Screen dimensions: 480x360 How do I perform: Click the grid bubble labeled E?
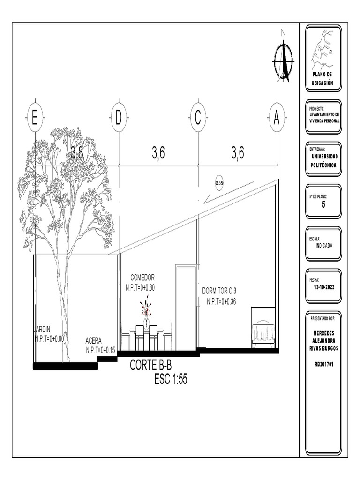coord(35,117)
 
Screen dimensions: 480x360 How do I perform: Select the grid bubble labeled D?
coord(119,117)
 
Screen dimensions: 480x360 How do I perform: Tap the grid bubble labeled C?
coord(198,117)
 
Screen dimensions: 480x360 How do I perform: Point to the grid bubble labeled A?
coord(277,117)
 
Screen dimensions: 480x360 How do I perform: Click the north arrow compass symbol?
coord(283,60)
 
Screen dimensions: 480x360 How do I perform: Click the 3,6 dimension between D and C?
coord(158,153)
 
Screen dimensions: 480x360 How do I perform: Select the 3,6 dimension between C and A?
coord(237,153)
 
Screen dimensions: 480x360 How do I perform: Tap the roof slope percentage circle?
coord(219,183)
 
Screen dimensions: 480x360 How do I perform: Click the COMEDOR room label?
coord(142,277)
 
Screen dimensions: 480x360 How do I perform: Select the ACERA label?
coord(93,341)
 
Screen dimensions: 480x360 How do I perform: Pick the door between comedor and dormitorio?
coord(186,307)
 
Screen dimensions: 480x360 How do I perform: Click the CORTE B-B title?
coord(147,366)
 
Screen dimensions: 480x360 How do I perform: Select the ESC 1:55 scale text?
coord(171,380)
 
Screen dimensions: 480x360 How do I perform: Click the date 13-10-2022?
coord(323,286)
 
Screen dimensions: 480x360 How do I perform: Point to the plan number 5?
coord(323,203)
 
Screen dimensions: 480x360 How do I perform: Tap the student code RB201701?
coord(323,363)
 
